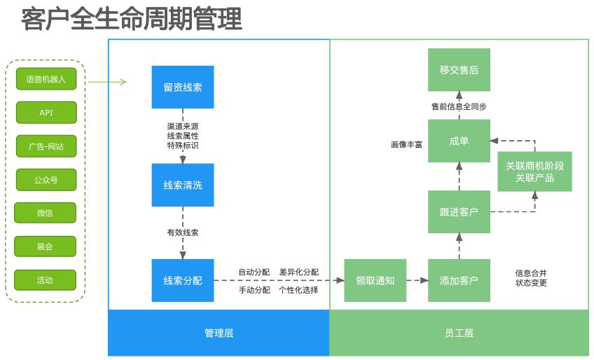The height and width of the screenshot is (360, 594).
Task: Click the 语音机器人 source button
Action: coord(46,79)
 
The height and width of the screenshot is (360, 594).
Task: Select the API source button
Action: coord(46,113)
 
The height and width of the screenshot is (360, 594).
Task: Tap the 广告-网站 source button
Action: coord(46,146)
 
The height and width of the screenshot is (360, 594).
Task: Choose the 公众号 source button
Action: coord(46,180)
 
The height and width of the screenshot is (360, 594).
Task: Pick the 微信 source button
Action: coord(45,213)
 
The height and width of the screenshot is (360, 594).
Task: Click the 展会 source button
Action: coord(45,247)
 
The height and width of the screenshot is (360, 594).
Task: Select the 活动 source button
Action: coord(45,280)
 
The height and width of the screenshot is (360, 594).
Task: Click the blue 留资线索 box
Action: coord(183,88)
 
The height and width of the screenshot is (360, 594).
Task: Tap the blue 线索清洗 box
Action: coord(183,185)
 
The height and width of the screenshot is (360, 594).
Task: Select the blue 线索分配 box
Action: coord(183,280)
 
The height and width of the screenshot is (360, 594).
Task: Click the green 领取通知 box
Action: coord(375,280)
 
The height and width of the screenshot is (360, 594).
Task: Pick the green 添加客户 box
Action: coord(459,280)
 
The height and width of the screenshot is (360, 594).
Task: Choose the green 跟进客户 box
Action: coord(459,212)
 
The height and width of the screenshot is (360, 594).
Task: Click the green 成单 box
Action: coord(459,141)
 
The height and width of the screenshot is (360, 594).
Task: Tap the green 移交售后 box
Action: coord(459,70)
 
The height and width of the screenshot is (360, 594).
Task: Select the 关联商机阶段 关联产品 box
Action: coord(534,172)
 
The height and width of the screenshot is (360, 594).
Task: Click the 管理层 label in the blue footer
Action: coord(219,333)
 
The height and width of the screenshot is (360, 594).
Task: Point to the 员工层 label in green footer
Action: coord(459,333)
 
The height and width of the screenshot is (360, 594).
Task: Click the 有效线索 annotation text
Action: coord(182,233)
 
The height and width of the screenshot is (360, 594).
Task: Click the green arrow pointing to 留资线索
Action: coord(107,82)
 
